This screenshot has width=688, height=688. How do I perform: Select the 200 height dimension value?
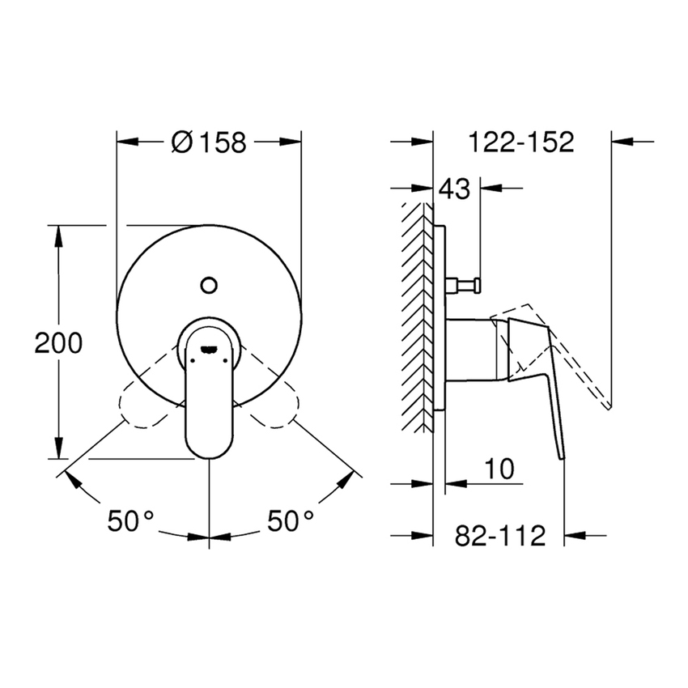pos(58,343)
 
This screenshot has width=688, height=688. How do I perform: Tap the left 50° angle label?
pos(130,520)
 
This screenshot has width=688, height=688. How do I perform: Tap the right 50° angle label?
pos(291,520)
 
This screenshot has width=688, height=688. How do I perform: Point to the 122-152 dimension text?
pos(521,142)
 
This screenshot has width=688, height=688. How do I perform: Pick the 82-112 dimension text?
pos(499,534)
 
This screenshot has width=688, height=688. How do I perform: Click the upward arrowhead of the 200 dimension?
pos(58,235)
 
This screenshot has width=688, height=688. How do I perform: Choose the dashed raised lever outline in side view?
pos(567,348)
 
